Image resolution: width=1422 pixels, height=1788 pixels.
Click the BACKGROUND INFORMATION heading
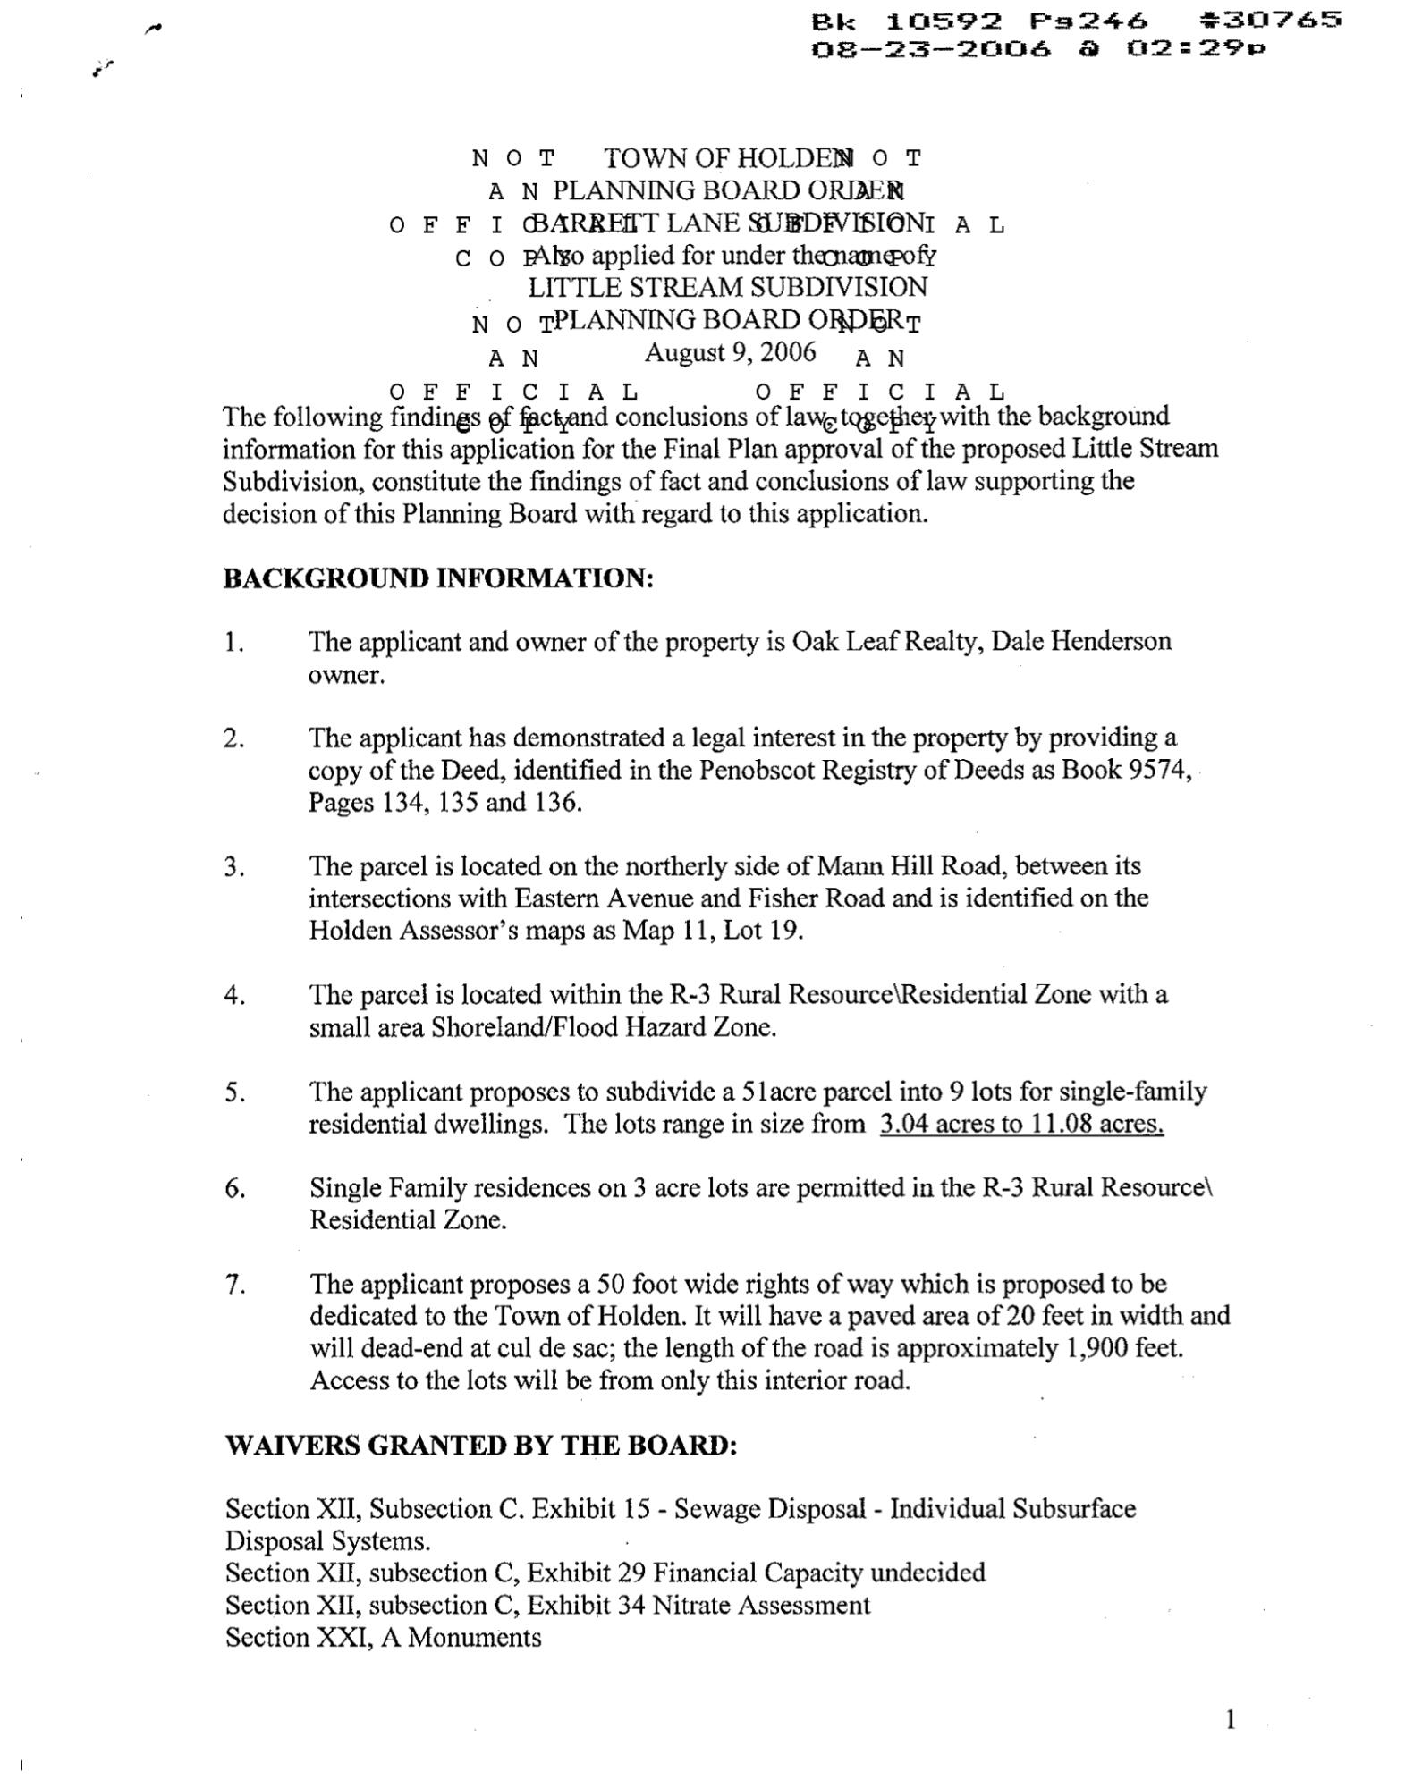[438, 578]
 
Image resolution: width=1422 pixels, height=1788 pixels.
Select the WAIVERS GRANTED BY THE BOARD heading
[481, 1446]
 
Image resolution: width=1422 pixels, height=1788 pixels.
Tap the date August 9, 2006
[730, 352]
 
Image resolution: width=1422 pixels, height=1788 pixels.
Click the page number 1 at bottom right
[1231, 1719]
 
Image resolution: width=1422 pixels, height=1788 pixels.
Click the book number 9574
[1157, 770]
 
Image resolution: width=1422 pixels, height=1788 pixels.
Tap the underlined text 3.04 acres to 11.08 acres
[1021, 1124]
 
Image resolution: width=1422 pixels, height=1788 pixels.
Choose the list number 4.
[234, 995]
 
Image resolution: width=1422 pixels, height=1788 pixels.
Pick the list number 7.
[234, 1285]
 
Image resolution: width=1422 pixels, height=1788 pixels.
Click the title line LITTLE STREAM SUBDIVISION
[728, 288]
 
